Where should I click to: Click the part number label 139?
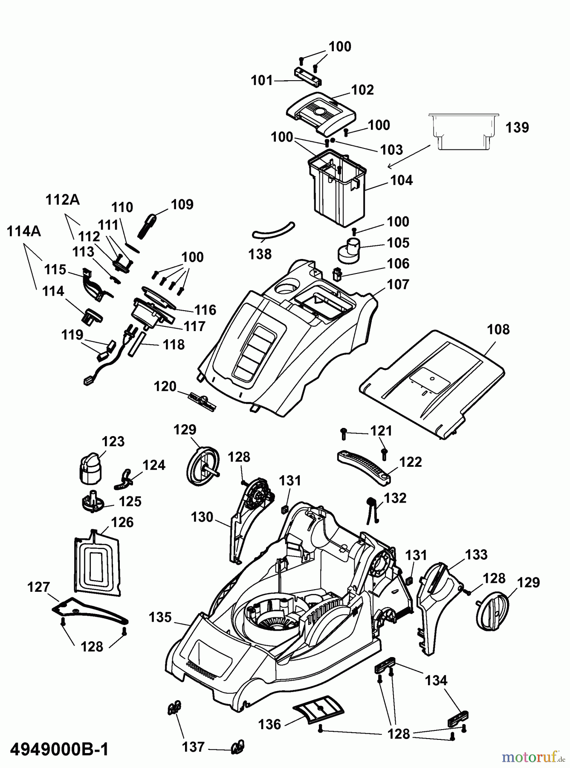517,128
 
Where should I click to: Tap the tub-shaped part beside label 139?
463,131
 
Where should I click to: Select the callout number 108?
498,329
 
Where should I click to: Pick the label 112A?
63,200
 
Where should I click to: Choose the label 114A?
24,231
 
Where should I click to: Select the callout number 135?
160,617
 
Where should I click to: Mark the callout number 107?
398,285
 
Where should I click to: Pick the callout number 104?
402,180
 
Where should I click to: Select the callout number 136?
270,724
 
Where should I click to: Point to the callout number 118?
174,344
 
